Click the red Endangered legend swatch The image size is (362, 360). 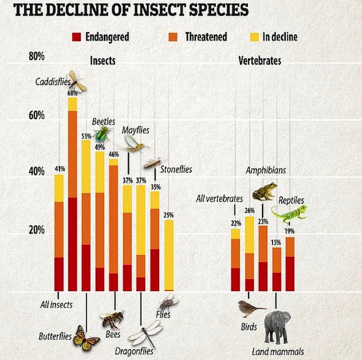(x=77, y=37)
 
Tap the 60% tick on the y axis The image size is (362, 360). (x=36, y=115)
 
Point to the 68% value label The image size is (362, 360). (x=72, y=93)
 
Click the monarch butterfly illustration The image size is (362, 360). (x=86, y=338)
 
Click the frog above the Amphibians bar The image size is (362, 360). (x=264, y=191)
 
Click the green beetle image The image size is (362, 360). (x=103, y=134)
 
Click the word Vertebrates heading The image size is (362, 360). (x=260, y=61)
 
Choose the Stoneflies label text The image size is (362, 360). (x=176, y=169)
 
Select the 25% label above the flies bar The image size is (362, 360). (x=169, y=215)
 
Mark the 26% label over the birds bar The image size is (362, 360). (x=250, y=210)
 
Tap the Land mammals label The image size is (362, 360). (x=278, y=352)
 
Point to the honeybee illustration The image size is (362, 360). (x=112, y=319)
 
